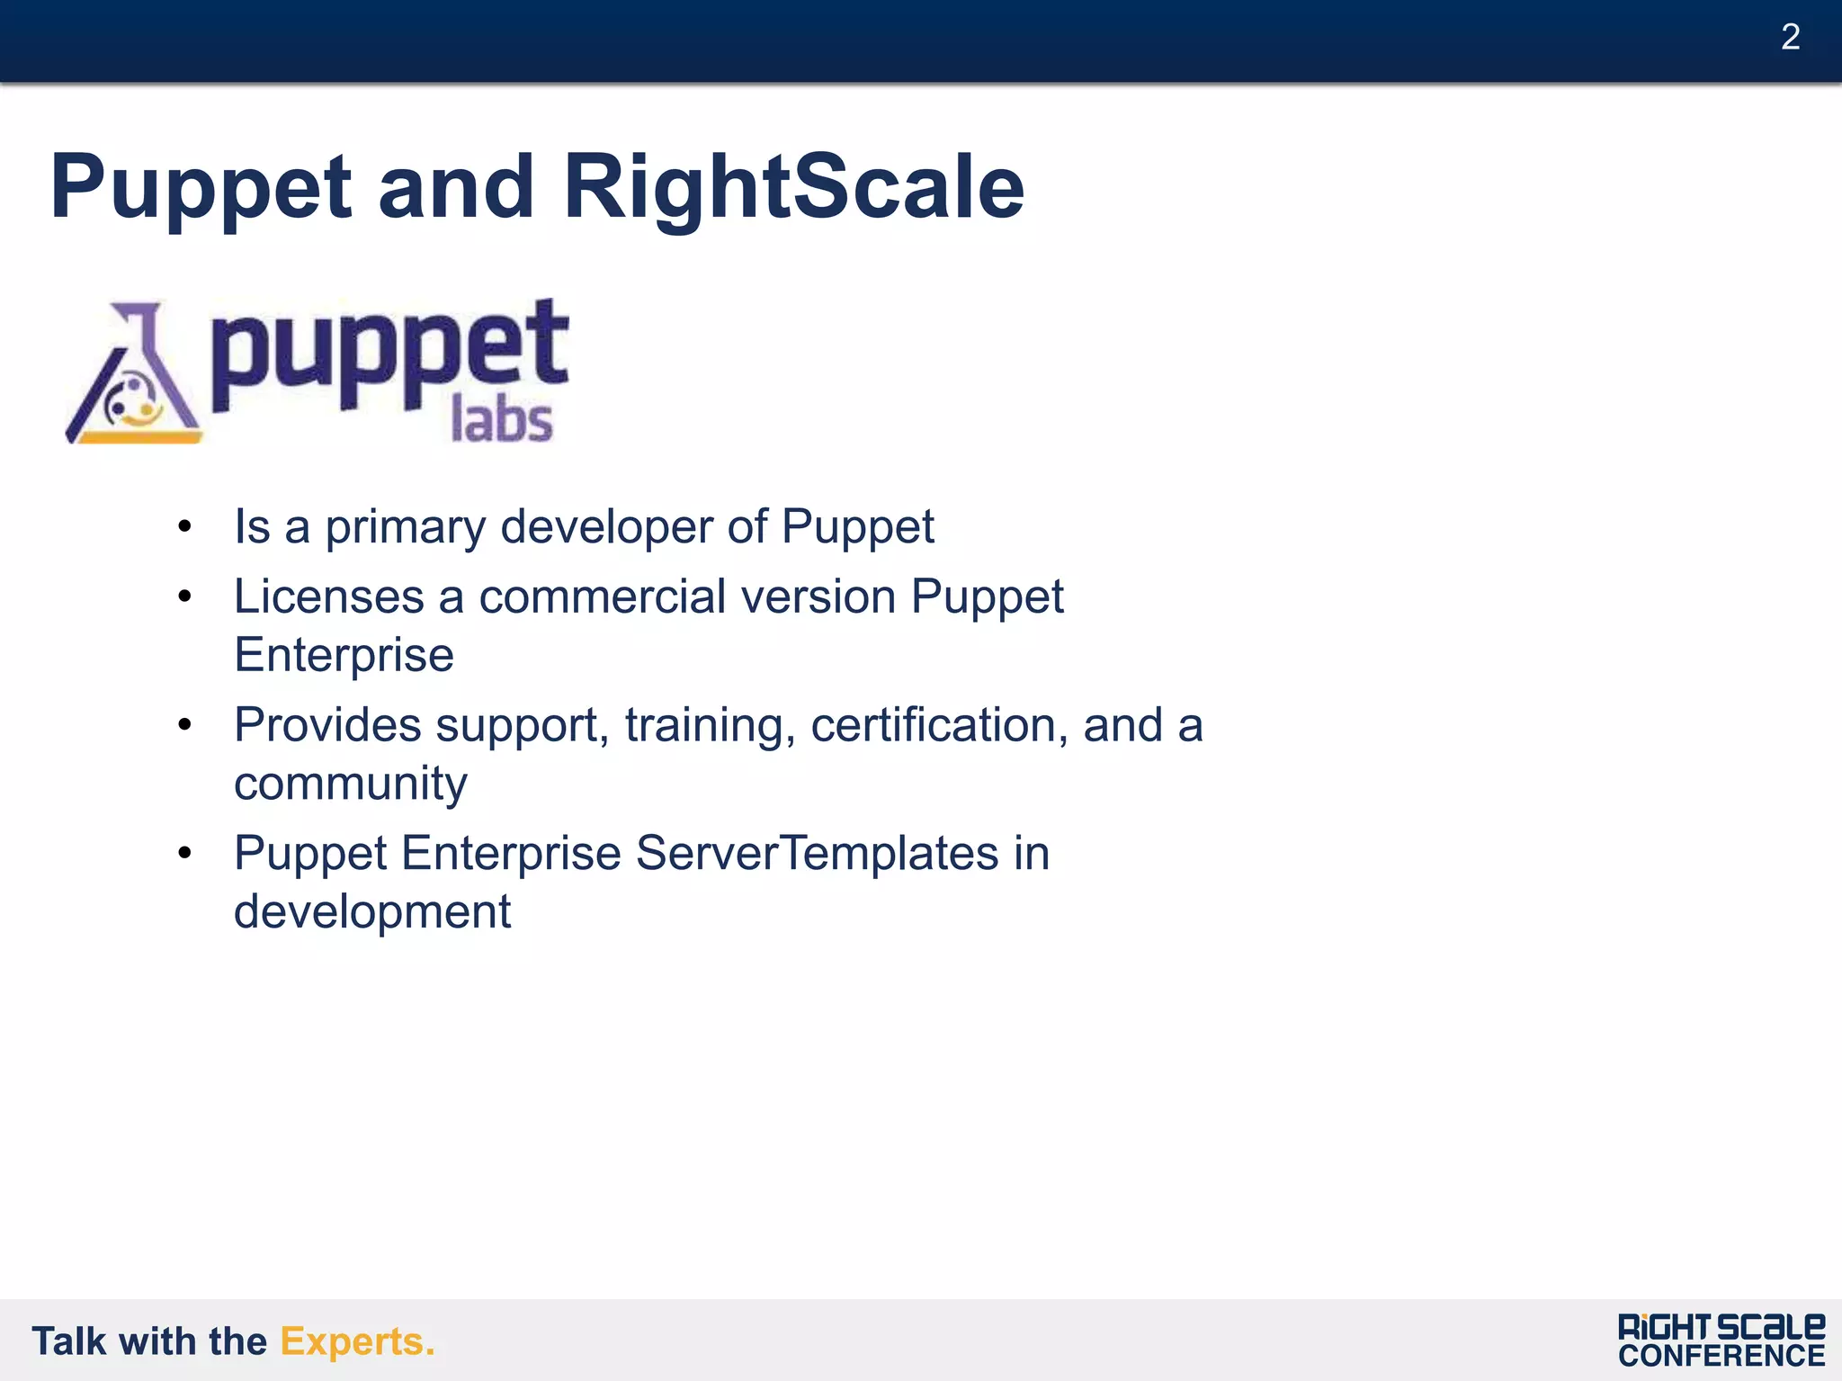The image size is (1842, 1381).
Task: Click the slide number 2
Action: coord(1790,38)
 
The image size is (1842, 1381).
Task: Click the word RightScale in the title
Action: coord(793,187)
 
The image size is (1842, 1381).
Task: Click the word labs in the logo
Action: coord(501,420)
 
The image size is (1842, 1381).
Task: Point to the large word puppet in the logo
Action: coord(389,355)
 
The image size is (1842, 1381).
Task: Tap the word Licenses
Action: coord(328,597)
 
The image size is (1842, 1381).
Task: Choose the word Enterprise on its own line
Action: coord(344,655)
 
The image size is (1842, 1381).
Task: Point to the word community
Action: coord(350,785)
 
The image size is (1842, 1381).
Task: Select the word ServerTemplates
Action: coord(817,853)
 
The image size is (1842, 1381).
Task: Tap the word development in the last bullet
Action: coord(371,912)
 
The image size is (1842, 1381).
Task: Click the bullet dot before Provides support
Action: coord(184,725)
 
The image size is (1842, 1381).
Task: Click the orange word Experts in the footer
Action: coord(356,1341)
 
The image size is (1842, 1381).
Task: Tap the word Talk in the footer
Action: coord(69,1341)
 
